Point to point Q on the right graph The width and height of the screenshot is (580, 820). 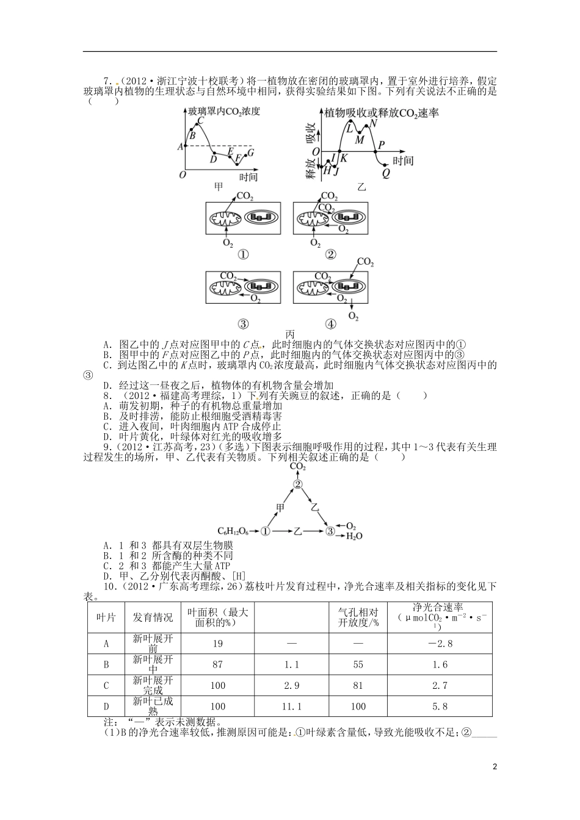click(385, 172)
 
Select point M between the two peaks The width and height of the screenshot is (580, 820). click(360, 140)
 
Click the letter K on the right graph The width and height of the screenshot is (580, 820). click(344, 158)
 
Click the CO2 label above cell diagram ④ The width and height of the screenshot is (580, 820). click(365, 262)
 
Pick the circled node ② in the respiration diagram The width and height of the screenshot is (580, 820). click(298, 484)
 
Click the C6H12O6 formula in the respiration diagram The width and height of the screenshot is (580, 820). click(234, 531)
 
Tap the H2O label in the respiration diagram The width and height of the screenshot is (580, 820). click(354, 536)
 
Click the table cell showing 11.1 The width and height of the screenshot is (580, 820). click(292, 706)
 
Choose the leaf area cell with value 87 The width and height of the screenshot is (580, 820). click(217, 664)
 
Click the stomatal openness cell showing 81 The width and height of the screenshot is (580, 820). click(358, 685)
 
